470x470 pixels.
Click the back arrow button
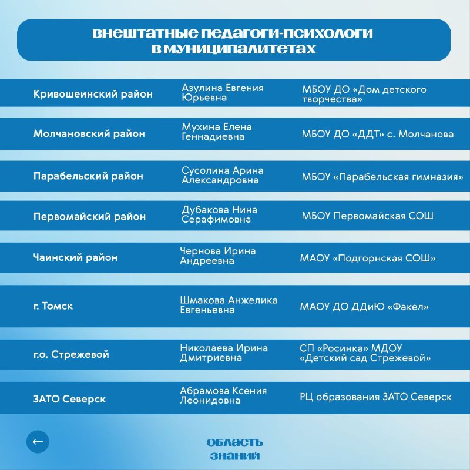(38, 442)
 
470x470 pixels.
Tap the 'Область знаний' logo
(234, 449)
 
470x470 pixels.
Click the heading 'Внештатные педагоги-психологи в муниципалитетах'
(233, 41)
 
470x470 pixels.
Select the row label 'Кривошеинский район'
(92, 94)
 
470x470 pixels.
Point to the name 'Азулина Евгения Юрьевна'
(222, 93)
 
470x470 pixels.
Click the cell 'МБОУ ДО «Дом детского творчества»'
(364, 95)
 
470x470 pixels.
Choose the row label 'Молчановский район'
(89, 134)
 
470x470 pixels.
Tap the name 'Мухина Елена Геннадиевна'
(216, 132)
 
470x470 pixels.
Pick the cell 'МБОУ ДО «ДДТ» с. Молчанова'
(377, 134)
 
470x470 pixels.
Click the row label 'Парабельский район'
(88, 176)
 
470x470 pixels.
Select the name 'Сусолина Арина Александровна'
(222, 175)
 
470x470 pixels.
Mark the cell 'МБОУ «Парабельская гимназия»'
(382, 176)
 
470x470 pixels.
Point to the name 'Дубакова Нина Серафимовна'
(219, 214)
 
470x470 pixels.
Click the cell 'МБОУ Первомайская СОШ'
(367, 216)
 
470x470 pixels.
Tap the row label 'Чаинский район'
(75, 257)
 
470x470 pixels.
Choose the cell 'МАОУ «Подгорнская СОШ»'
(367, 258)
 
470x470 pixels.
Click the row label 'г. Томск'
(53, 306)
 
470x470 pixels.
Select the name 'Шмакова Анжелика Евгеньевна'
(229, 305)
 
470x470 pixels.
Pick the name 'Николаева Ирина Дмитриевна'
(223, 352)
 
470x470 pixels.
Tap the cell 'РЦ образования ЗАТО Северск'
(375, 397)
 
